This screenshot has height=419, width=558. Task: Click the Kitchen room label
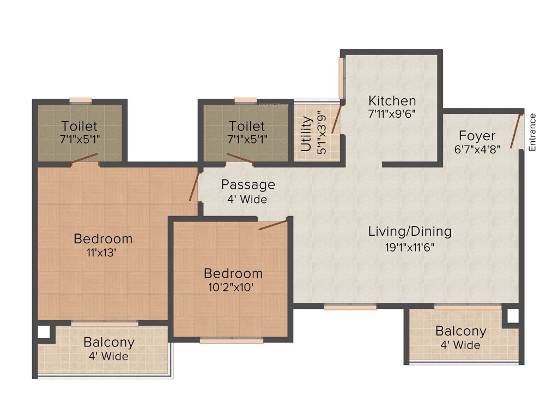click(x=392, y=101)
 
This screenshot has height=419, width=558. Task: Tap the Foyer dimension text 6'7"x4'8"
click(x=477, y=149)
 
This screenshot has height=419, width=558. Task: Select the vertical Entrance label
click(x=532, y=132)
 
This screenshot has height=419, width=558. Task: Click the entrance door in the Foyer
click(x=515, y=131)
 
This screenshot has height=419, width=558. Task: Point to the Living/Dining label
click(x=410, y=231)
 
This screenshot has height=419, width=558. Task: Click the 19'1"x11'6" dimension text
click(x=410, y=246)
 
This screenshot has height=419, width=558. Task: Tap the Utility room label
click(x=306, y=134)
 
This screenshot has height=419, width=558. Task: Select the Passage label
click(x=247, y=185)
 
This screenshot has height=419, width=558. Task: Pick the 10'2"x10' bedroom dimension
click(x=233, y=287)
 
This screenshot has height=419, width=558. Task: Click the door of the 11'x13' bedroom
click(x=193, y=185)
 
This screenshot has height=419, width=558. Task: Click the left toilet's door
click(x=84, y=158)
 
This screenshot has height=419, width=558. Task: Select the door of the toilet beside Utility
click(x=240, y=159)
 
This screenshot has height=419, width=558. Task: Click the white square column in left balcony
click(x=43, y=332)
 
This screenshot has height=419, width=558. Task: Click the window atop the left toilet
click(x=81, y=100)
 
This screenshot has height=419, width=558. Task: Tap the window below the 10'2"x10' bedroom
click(x=231, y=340)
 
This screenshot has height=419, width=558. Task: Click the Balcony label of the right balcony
click(x=460, y=331)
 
